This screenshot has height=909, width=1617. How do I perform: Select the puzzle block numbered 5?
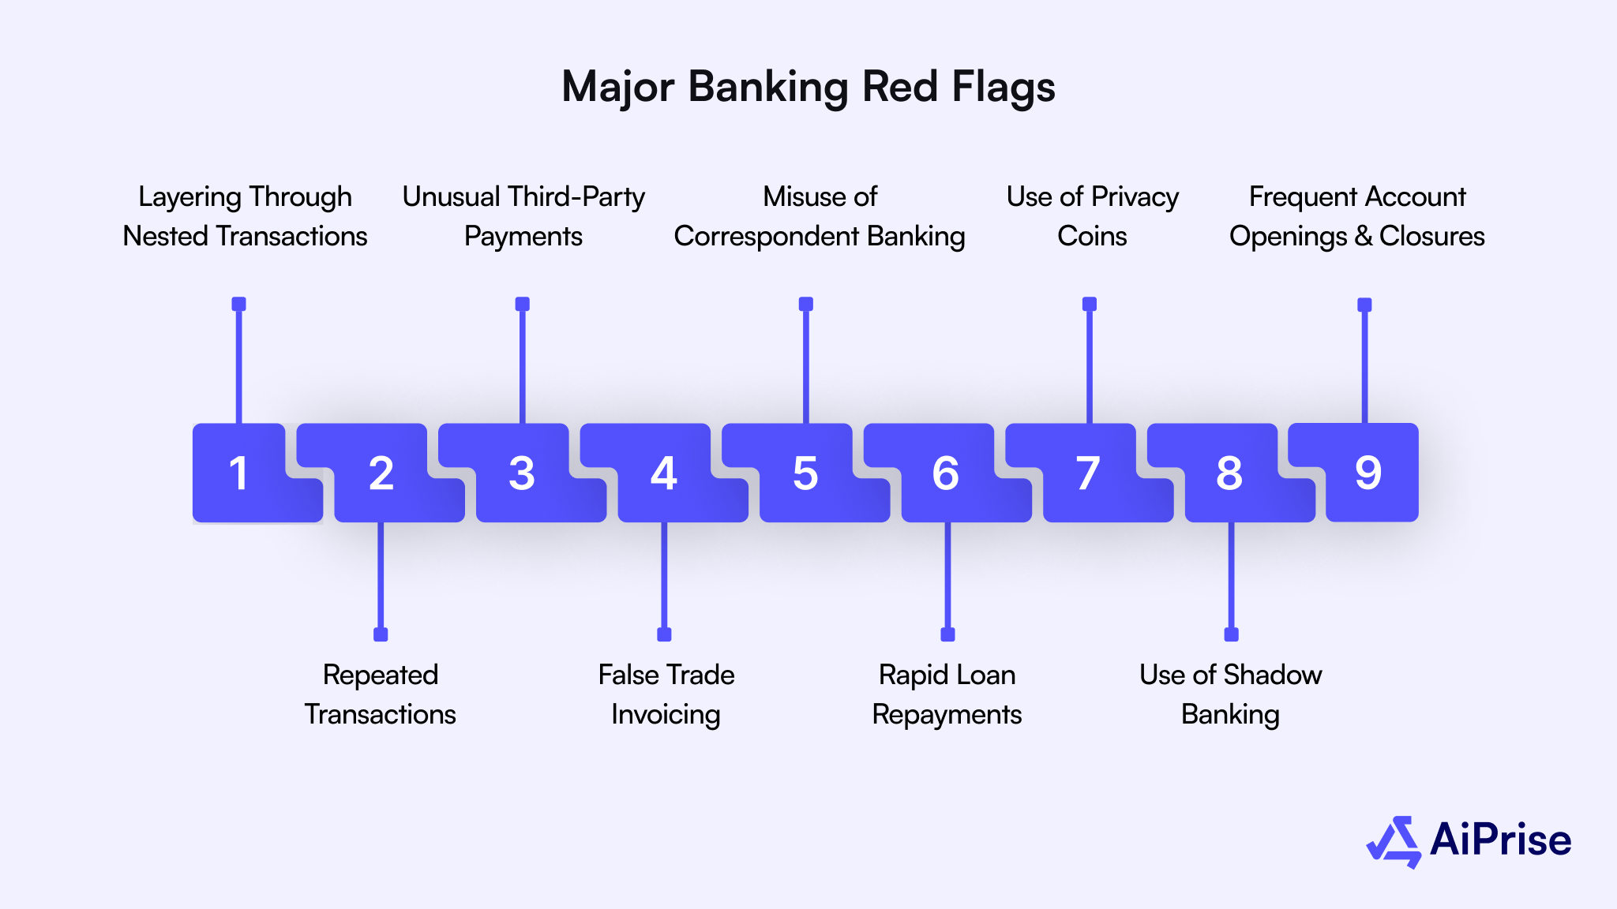(x=805, y=473)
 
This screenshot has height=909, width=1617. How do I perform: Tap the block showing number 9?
(x=1368, y=473)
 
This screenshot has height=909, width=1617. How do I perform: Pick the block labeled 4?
(x=663, y=473)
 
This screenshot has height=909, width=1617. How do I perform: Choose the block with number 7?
(x=1088, y=473)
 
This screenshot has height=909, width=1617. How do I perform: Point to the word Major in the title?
(x=617, y=87)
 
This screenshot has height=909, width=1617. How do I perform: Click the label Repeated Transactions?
(x=380, y=694)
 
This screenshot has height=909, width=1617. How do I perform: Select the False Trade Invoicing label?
(x=666, y=694)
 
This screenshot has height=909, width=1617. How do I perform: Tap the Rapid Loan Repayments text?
(x=947, y=694)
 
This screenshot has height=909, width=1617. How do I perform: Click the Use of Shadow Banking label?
(x=1230, y=694)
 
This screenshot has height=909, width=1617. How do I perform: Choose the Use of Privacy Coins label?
(x=1092, y=216)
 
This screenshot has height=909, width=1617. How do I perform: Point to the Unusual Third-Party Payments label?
(x=523, y=216)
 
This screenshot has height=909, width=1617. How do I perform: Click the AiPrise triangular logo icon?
(x=1394, y=842)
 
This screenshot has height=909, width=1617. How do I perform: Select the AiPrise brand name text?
(x=1500, y=840)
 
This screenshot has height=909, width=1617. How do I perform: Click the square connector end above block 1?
(x=238, y=304)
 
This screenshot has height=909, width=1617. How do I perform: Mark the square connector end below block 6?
(x=947, y=634)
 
